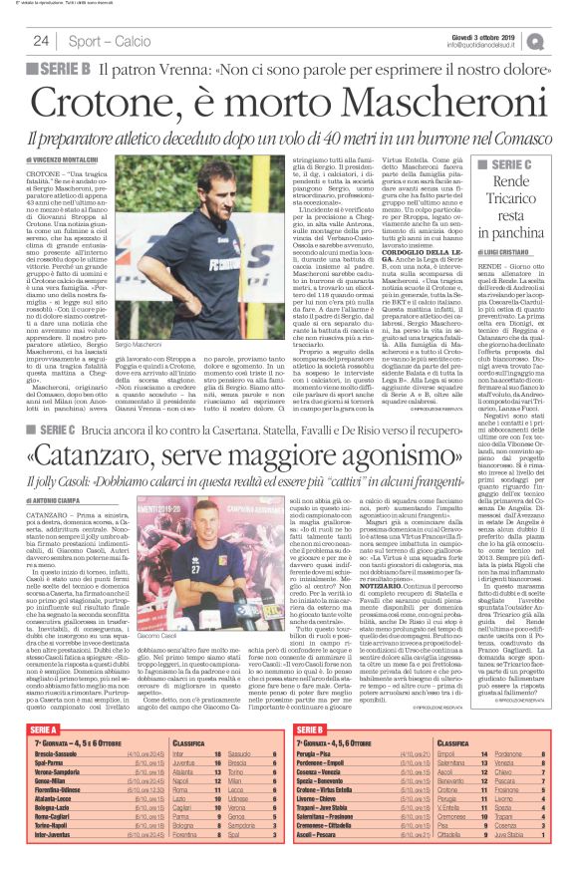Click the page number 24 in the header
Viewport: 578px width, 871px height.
[x=41, y=41]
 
